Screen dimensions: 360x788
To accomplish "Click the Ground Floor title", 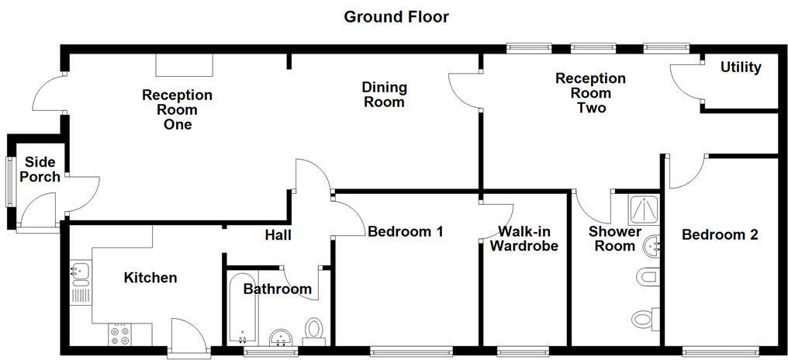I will pyautogui.click(x=396, y=16).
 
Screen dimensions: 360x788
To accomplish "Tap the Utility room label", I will pyautogui.click(x=741, y=67).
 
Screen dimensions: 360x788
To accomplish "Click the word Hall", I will pyautogui.click(x=278, y=235).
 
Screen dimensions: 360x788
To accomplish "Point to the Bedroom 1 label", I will pyautogui.click(x=405, y=231).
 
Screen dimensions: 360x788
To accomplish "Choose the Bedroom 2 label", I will pyautogui.click(x=719, y=234).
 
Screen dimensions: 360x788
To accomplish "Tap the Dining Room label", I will pyautogui.click(x=385, y=95).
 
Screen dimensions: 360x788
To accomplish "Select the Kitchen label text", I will pyautogui.click(x=150, y=278).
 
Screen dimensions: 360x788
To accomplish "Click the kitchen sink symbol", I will pyautogui.click(x=79, y=272).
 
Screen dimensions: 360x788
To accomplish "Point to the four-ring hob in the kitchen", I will pyautogui.click(x=119, y=334).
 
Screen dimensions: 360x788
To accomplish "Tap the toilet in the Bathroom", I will pyautogui.click(x=314, y=329).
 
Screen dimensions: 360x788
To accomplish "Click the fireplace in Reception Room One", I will pyautogui.click(x=184, y=65).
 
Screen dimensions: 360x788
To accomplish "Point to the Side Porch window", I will pyautogui.click(x=10, y=182).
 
